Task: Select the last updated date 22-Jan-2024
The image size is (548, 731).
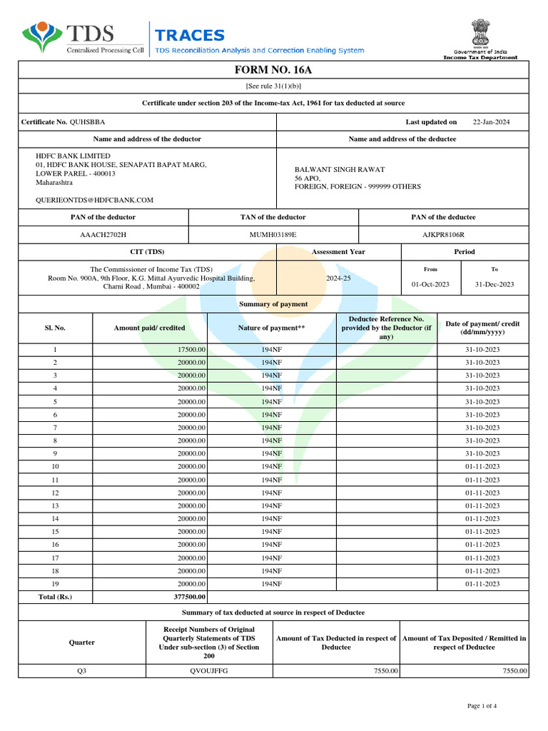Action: (x=492, y=122)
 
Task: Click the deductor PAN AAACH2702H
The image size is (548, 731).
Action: (x=103, y=234)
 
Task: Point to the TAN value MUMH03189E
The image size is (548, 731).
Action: (x=273, y=234)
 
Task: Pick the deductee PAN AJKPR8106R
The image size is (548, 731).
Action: (x=443, y=234)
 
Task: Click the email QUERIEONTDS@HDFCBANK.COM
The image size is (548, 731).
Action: (x=94, y=201)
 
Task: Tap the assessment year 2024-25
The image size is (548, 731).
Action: (x=338, y=278)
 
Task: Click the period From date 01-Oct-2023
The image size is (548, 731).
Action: (x=430, y=284)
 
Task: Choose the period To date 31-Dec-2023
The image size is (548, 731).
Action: (x=494, y=284)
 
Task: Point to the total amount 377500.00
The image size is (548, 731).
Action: (x=190, y=597)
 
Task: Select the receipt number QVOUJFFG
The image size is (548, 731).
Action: (x=205, y=671)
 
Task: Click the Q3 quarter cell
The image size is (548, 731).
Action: (x=54, y=671)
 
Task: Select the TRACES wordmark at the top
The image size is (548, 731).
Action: (x=190, y=36)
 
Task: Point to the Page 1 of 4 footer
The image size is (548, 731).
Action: (x=482, y=706)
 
